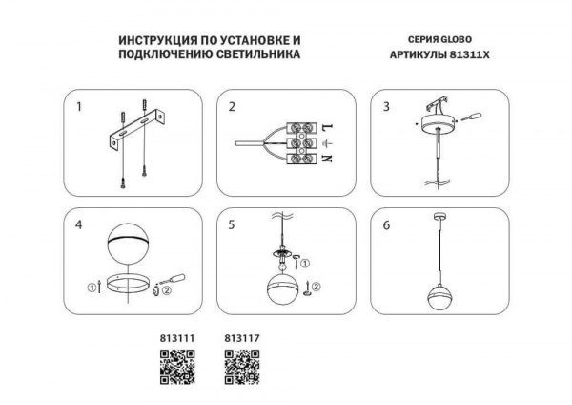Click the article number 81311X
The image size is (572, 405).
(x=466, y=55)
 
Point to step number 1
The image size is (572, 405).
(x=79, y=106)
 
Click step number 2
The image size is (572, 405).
(x=232, y=106)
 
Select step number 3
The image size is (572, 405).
(x=386, y=106)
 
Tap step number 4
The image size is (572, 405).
(x=79, y=226)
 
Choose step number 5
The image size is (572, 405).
(x=232, y=226)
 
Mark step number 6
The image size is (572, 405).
(x=386, y=226)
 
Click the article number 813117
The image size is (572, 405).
(x=241, y=337)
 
